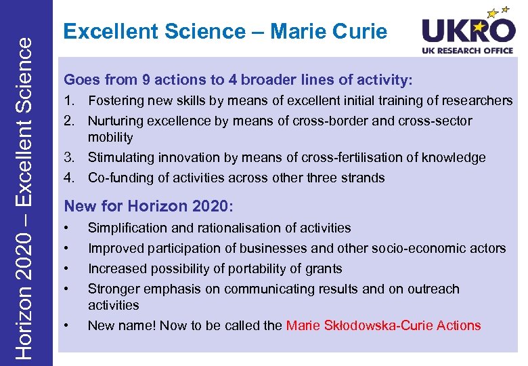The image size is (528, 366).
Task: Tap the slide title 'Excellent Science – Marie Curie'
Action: coord(225,31)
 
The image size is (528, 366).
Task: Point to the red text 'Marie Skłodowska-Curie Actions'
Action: coord(383,325)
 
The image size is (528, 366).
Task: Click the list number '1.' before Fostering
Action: coord(71,101)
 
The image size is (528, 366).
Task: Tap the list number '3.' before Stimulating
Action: coord(71,157)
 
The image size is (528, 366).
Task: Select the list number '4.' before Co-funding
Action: coord(71,178)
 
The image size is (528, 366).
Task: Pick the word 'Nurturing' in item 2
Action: coord(116,121)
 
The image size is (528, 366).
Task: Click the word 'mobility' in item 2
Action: coord(110,137)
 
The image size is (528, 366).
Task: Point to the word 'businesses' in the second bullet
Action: coord(266,248)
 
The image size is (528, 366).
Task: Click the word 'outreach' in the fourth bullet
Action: coord(433,289)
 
